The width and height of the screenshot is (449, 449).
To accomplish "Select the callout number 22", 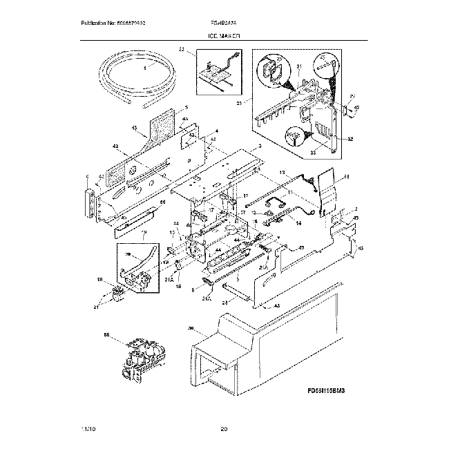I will point(182,50).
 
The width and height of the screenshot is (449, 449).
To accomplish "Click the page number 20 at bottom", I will point(224,430).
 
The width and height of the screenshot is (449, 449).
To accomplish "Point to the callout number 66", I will point(163,202).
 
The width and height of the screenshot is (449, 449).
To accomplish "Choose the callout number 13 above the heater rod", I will point(282,171).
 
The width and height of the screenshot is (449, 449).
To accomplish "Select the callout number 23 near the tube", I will point(224,301).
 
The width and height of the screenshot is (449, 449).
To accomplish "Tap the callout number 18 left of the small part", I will point(99,279).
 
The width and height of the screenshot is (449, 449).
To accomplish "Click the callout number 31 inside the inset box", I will point(299,66).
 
